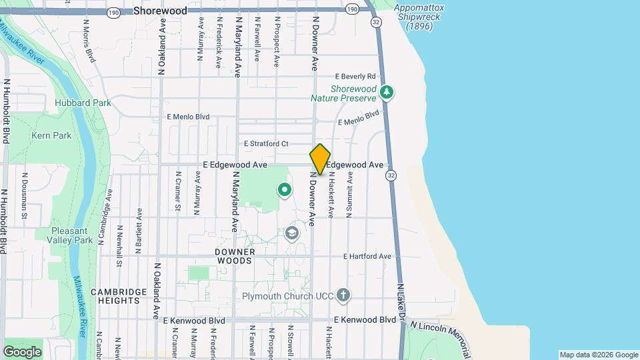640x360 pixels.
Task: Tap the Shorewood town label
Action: click(x=160, y=11)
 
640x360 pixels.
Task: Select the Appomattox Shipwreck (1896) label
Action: click(x=418, y=17)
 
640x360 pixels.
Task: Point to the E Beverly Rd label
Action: click(x=356, y=77)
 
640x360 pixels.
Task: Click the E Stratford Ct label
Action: click(x=266, y=143)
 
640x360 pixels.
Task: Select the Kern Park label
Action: click(x=51, y=135)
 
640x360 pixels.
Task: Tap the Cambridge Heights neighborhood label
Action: click(x=119, y=296)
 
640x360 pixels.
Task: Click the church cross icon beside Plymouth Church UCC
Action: click(x=343, y=295)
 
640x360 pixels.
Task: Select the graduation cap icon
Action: click(x=291, y=233)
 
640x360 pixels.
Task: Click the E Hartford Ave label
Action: click(x=367, y=256)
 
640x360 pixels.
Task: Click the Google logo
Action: click(x=23, y=351)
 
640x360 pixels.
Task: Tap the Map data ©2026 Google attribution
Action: click(x=598, y=355)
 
